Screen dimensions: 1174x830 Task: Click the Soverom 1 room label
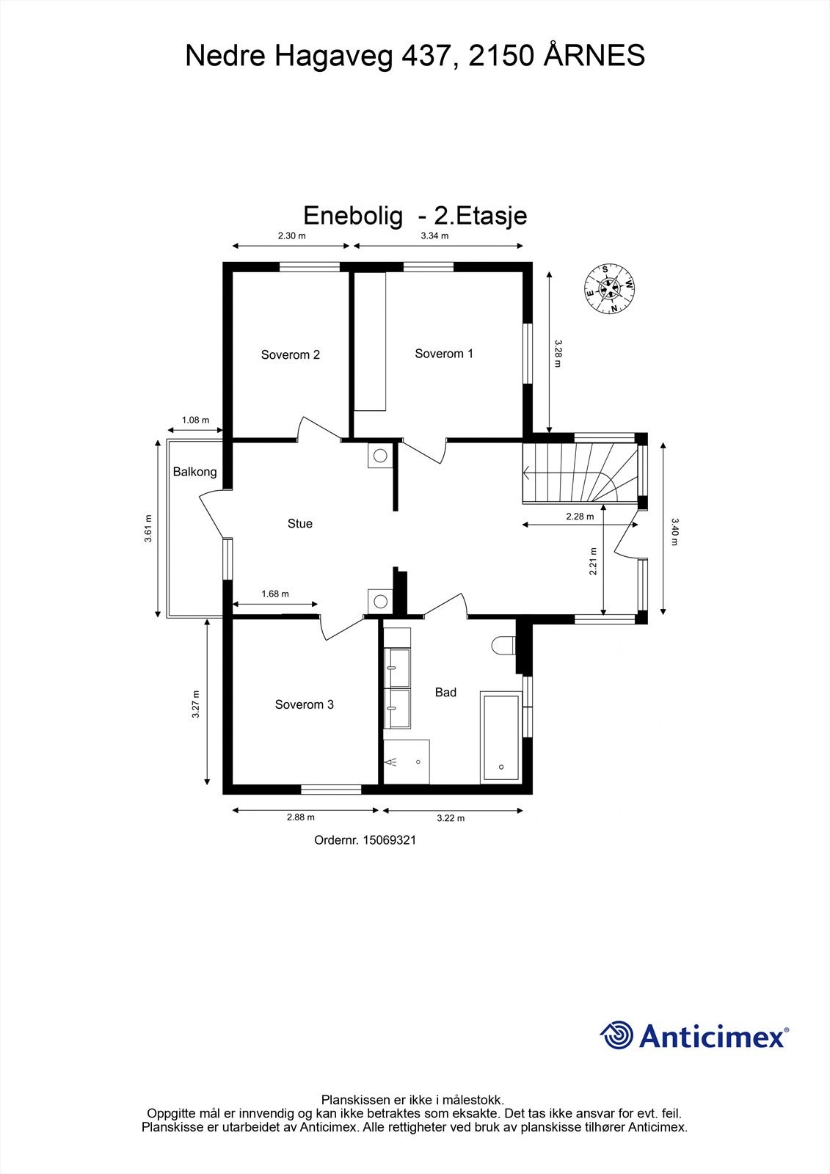(443, 354)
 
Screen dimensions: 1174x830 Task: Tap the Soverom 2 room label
(290, 355)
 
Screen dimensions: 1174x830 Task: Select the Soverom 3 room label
(304, 704)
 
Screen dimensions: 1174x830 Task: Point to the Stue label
(299, 524)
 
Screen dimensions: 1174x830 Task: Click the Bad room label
(445, 692)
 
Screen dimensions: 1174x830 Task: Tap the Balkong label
(194, 472)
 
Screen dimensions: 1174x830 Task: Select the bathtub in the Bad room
(501, 736)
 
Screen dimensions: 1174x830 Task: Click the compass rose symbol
(609, 288)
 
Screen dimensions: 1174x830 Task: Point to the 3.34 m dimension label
(434, 236)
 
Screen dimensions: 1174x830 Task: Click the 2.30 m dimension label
(291, 236)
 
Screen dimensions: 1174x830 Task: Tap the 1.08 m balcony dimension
(194, 420)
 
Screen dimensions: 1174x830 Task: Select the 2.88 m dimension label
(300, 817)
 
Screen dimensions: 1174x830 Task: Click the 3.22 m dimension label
(451, 818)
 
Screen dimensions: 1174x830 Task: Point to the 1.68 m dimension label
(275, 594)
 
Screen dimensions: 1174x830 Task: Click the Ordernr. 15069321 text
(365, 841)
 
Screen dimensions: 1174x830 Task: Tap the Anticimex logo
(694, 1035)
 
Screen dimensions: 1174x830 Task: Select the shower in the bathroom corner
(406, 762)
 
